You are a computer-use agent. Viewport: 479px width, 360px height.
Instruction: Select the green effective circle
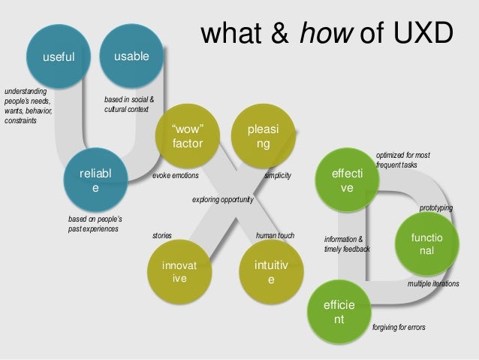(347, 180)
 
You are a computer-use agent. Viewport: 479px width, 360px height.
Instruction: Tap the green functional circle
(425, 243)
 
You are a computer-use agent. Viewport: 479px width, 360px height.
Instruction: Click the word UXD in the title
(420, 33)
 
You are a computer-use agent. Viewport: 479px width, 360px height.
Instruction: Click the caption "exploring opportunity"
(224, 201)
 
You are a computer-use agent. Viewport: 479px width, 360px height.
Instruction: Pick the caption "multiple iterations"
(433, 284)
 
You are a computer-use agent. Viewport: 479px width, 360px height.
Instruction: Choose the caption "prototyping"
(436, 207)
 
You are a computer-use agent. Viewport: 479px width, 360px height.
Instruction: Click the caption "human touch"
(276, 235)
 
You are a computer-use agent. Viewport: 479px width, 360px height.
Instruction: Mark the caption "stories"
(162, 235)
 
